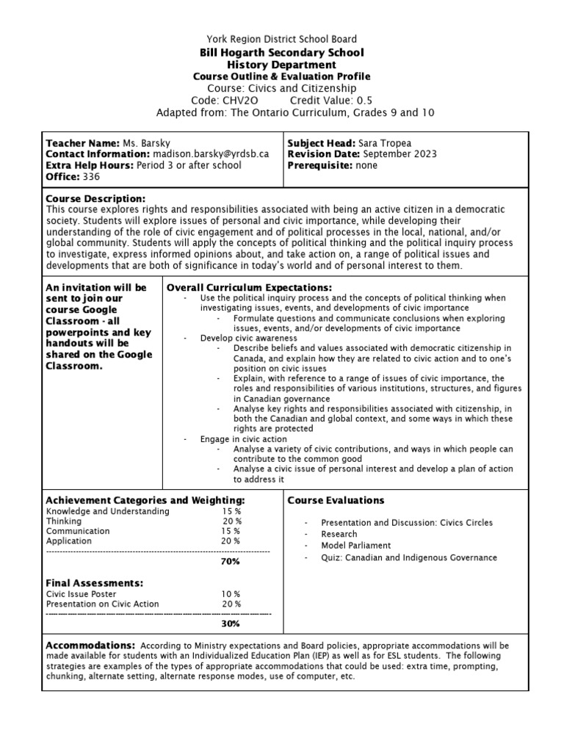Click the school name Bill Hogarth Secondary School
tap(281, 52)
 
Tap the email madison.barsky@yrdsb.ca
tap(211, 154)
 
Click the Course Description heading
tap(95, 199)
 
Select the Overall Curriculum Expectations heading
tap(250, 287)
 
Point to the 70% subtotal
tap(231, 562)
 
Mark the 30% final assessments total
tap(231, 623)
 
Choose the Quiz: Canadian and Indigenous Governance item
tap(408, 557)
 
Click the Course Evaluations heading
tap(336, 500)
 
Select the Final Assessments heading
tap(94, 582)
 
